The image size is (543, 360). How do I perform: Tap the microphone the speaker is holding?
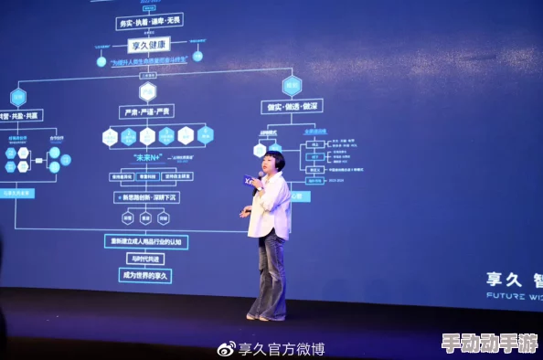250,181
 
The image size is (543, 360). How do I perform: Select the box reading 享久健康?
148,44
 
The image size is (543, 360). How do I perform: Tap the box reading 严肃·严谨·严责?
146,111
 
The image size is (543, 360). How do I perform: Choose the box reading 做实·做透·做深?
292,106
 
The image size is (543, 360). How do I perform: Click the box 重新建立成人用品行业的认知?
145,241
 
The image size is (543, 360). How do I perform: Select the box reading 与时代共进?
145,259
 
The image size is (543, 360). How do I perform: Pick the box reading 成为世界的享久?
145,275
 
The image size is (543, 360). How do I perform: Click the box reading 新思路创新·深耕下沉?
146,197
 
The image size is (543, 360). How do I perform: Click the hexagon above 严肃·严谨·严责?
147,90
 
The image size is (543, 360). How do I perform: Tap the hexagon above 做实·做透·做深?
292,86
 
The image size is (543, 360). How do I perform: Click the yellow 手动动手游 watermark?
490,344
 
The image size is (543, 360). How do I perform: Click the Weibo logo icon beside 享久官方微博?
226,348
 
